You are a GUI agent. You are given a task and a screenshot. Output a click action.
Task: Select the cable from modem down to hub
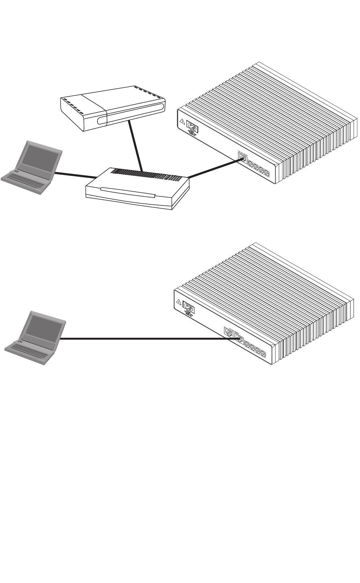[136, 146]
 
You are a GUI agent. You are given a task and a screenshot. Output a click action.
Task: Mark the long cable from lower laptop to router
[144, 339]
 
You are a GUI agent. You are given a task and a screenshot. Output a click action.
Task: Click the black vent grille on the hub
[148, 176]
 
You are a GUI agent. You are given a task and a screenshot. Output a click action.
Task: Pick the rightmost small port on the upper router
[266, 174]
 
